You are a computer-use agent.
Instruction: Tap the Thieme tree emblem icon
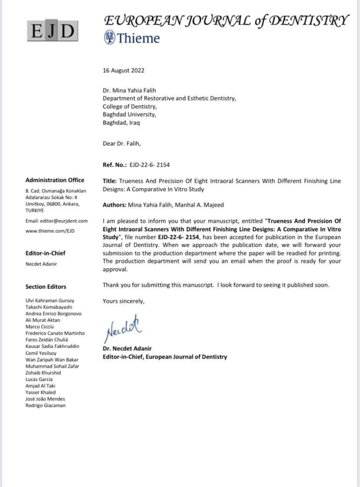[109, 38]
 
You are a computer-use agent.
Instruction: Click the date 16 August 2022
[123, 71]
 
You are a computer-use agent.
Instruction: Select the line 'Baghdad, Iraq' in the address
[121, 123]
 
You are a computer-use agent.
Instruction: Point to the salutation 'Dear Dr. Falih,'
[121, 144]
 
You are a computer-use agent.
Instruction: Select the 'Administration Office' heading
[55, 180]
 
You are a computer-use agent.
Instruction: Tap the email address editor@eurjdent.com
[57, 221]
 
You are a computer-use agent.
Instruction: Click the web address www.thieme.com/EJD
[50, 231]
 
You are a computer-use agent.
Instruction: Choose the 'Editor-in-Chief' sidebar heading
[46, 253]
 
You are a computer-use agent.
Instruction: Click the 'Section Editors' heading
[46, 287]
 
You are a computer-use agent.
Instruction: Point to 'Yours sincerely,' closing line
[123, 301]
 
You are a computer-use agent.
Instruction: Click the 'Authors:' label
[115, 205]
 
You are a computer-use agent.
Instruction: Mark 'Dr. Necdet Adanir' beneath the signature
[127, 349]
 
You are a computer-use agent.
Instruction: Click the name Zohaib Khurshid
[43, 373]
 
